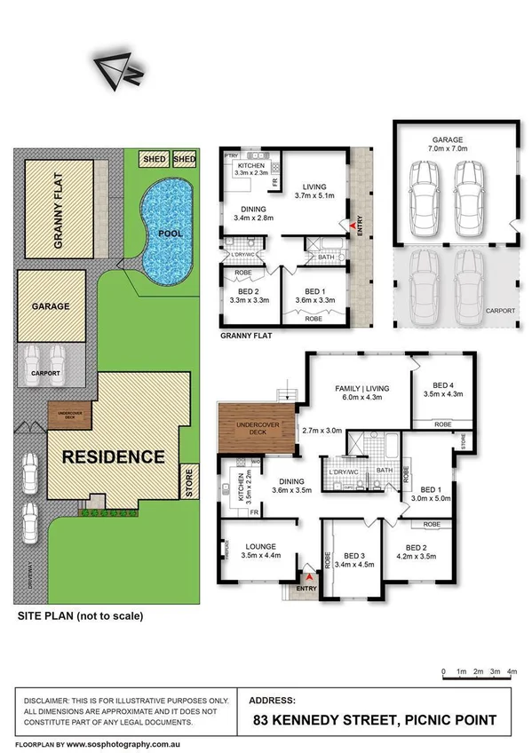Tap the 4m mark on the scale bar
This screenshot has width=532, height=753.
[512, 672]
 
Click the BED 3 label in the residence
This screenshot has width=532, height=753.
[349, 555]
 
